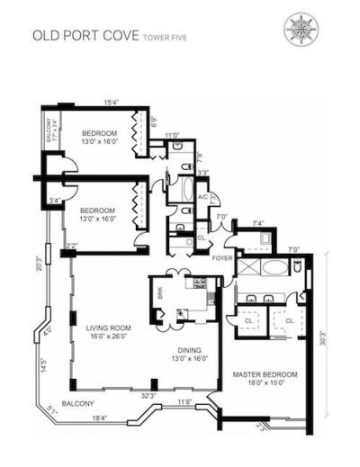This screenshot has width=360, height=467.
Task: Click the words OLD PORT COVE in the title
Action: click(x=73, y=38)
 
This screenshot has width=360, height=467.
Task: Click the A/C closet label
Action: click(x=203, y=197)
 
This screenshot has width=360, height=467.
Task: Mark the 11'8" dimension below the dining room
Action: click(x=185, y=402)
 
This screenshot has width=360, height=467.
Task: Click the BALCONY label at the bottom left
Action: click(x=78, y=404)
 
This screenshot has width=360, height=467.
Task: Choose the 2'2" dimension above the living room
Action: click(x=71, y=246)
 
